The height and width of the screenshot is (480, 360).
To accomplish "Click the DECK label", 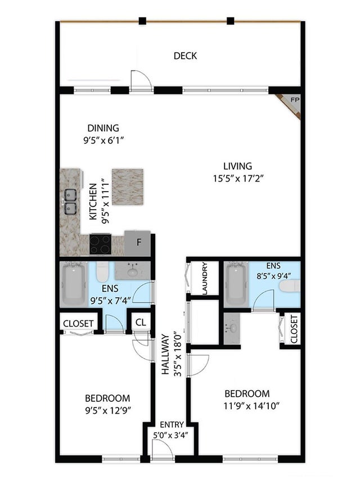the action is (185, 56).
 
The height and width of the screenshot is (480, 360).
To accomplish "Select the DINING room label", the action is (103, 128).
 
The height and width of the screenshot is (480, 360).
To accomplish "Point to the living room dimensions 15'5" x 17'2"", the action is (238, 179).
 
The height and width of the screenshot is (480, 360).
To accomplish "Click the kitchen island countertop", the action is (128, 187).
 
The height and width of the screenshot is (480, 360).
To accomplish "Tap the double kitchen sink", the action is (70, 201).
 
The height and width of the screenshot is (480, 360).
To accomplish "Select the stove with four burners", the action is (100, 244).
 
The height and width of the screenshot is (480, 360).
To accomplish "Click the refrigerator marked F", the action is (138, 243).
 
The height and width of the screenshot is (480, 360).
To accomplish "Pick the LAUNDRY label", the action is (205, 278).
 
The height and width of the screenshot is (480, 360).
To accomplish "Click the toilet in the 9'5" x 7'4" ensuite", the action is (102, 272).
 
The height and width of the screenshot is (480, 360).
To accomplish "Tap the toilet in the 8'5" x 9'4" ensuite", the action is (290, 286).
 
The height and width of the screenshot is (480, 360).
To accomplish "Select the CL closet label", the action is (141, 322).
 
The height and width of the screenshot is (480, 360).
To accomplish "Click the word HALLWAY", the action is (165, 354).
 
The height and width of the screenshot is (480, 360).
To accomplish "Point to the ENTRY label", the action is (172, 424).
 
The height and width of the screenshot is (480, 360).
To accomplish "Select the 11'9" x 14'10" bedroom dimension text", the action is (251, 406).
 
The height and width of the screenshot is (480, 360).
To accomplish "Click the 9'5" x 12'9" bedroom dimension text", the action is (108, 410).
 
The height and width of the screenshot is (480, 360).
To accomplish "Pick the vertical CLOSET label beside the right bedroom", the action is (294, 329).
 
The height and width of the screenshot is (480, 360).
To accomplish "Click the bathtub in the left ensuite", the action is (74, 284).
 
